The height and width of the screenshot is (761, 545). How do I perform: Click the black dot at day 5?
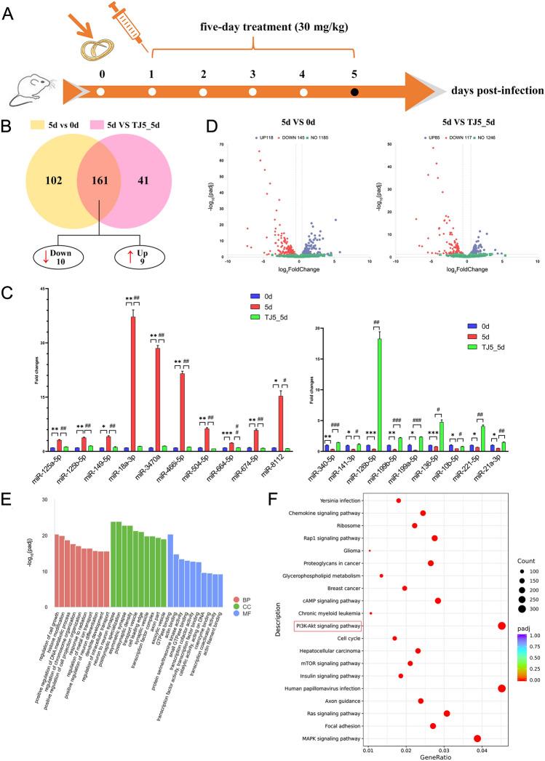(x=354, y=92)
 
